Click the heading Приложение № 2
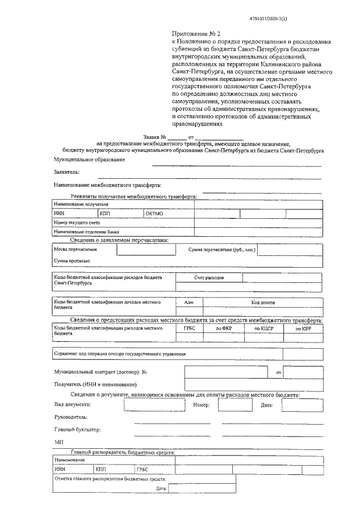coord(193,34)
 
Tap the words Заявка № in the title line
coord(155,137)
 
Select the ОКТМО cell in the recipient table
coord(154,214)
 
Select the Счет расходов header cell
coord(209,278)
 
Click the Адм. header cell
coord(189,303)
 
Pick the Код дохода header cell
coord(263,303)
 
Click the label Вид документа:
coord(72,404)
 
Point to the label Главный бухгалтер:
coord(77,430)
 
